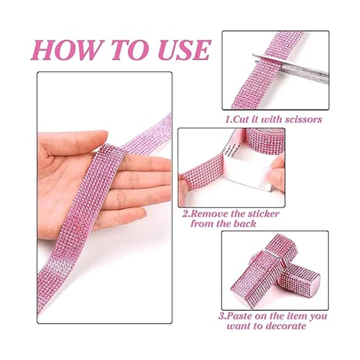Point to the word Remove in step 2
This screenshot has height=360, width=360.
click(x=207, y=214)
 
